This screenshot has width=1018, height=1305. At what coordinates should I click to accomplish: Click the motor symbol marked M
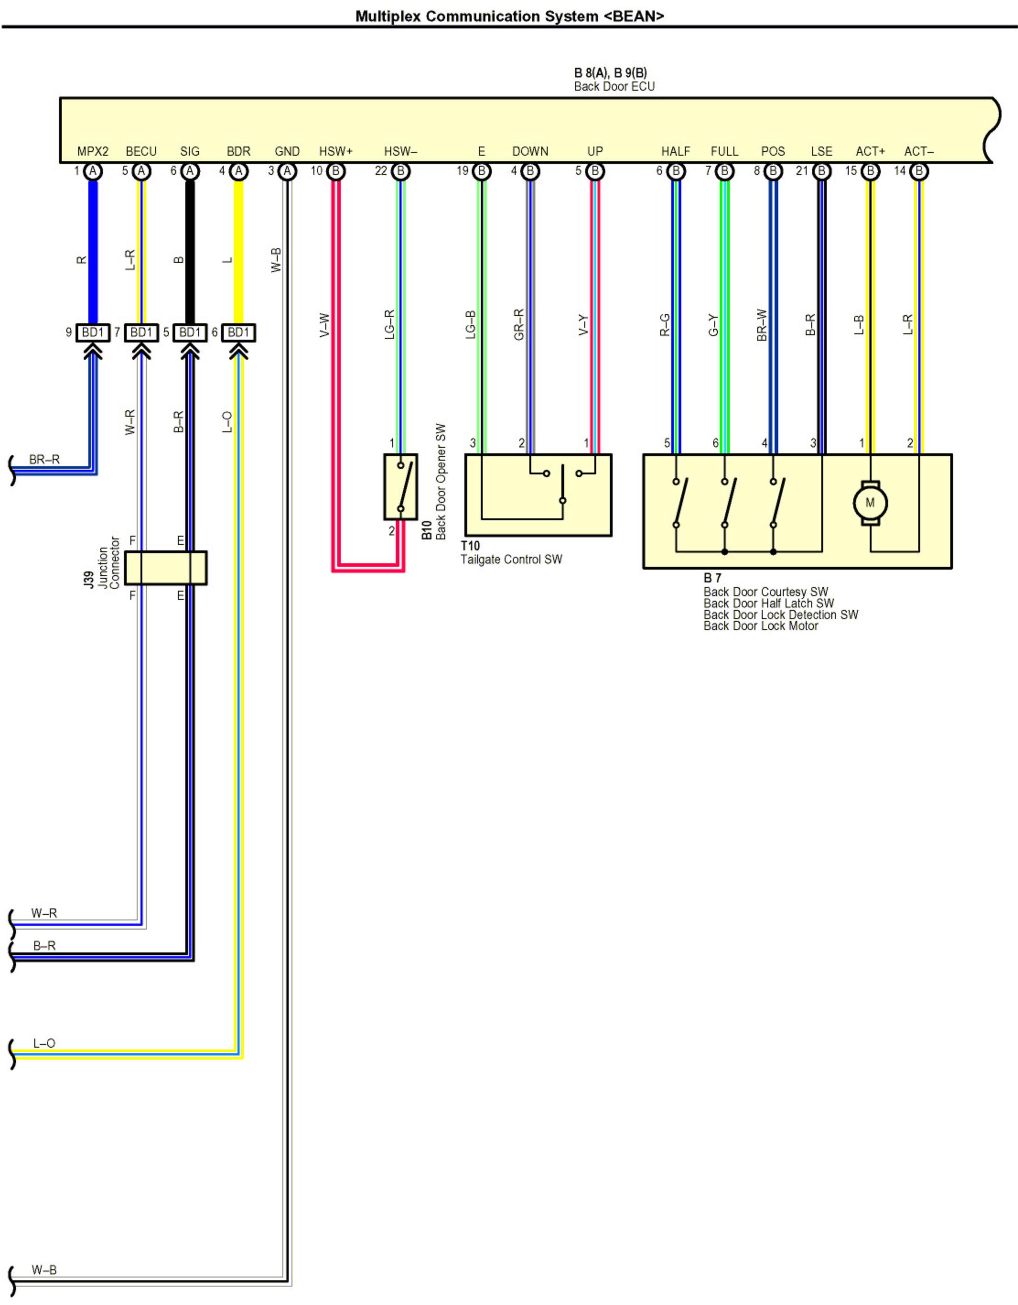click(x=870, y=502)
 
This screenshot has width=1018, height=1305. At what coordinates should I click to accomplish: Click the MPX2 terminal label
click(x=92, y=151)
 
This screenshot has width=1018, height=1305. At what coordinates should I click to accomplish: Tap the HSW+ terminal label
click(x=335, y=151)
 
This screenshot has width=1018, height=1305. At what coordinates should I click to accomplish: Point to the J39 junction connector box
click(x=165, y=568)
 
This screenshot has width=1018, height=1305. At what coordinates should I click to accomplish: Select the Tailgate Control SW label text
click(x=511, y=559)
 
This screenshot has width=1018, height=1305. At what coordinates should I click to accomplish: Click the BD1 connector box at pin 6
click(x=238, y=332)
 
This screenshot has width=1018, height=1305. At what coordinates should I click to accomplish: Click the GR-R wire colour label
click(x=518, y=325)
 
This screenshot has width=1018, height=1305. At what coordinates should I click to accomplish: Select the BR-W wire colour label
click(x=761, y=325)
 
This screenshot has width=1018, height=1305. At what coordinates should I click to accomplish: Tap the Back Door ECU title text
click(x=614, y=87)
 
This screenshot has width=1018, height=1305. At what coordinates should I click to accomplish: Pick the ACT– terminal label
click(x=918, y=151)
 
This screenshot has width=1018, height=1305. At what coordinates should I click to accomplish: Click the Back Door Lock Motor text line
click(x=760, y=625)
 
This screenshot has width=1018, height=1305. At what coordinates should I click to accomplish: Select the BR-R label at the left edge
click(x=44, y=459)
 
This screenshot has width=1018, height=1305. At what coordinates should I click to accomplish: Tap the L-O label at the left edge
click(x=44, y=1043)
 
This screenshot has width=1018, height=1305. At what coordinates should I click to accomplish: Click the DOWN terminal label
click(x=530, y=151)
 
